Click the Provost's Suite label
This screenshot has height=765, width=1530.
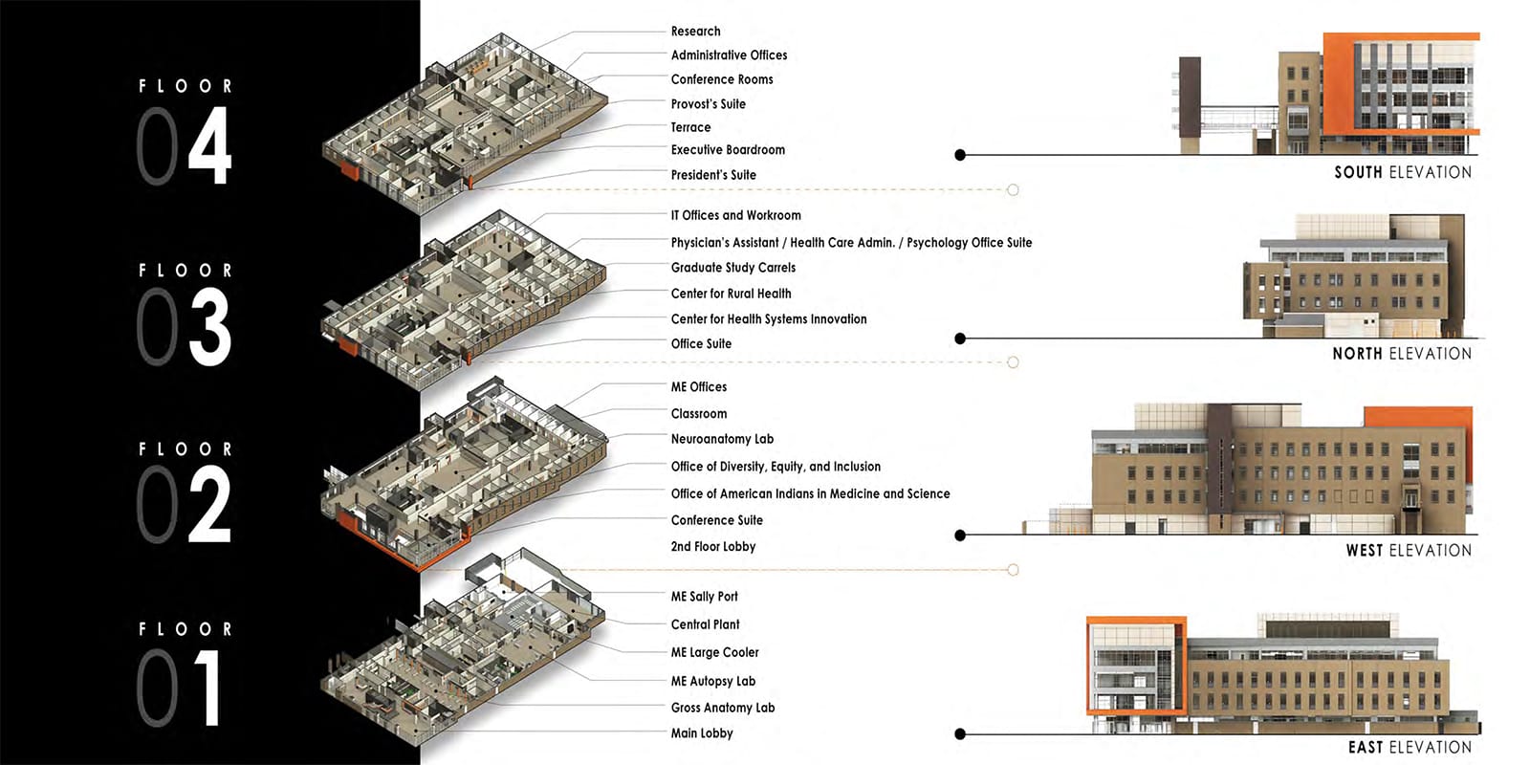708,104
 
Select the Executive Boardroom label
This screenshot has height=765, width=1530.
728,149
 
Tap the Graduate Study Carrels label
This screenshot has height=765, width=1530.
732,268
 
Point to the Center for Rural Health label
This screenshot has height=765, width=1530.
731,294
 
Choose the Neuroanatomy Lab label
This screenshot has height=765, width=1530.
722,439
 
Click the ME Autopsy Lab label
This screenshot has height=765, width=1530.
712,681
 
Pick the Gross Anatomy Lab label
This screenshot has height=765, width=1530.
723,708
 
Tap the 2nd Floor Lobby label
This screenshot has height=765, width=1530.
713,546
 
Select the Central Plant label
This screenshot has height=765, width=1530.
705,624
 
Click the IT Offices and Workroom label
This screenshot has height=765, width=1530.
735,215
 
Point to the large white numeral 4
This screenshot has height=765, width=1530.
209,144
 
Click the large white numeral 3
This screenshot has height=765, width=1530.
209,326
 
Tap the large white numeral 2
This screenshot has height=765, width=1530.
209,504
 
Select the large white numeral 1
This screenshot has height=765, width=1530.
209,687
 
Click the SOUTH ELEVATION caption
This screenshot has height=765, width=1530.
1403,173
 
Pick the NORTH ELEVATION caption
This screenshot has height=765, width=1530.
1402,354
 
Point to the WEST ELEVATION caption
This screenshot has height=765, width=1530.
1410,551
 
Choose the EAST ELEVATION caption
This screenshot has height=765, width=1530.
1410,747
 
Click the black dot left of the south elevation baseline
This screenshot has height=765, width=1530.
960,155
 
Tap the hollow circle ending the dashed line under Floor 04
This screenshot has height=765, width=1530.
1013,190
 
